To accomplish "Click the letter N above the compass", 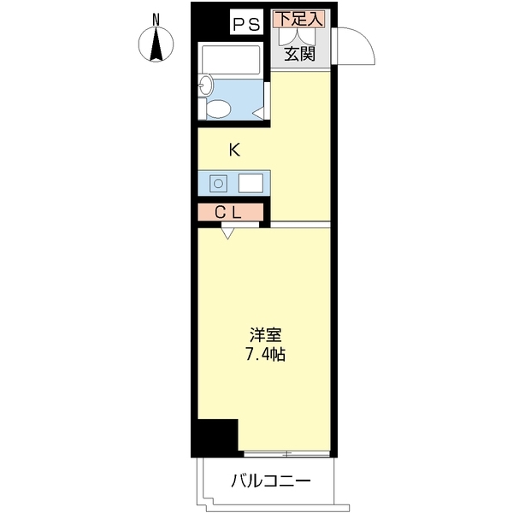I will (156, 19).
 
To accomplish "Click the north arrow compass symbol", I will (156, 44).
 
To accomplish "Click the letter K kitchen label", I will (233, 150).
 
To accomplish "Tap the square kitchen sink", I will (251, 183).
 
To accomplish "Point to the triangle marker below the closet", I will (227, 232).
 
